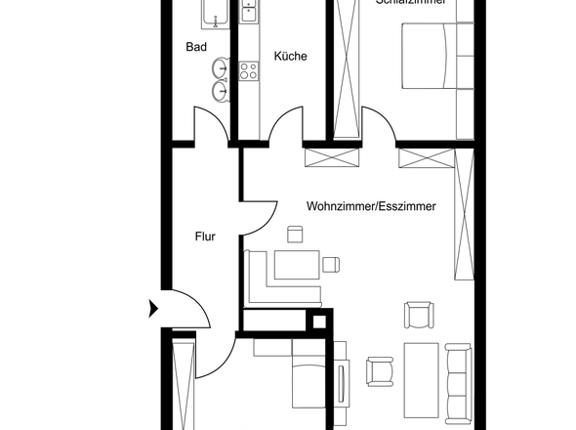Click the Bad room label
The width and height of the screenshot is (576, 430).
click(x=196, y=46)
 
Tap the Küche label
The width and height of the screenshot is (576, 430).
click(x=290, y=56)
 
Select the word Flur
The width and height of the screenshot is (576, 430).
click(x=204, y=236)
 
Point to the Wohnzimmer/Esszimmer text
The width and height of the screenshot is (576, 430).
click(x=370, y=207)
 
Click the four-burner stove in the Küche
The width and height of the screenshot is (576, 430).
click(x=248, y=71)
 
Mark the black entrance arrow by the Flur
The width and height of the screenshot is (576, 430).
click(x=151, y=309)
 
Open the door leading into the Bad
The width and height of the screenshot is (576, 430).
click(x=210, y=129)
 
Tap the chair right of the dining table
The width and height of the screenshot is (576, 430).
click(x=331, y=263)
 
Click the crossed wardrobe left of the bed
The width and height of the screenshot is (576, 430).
click(x=347, y=68)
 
